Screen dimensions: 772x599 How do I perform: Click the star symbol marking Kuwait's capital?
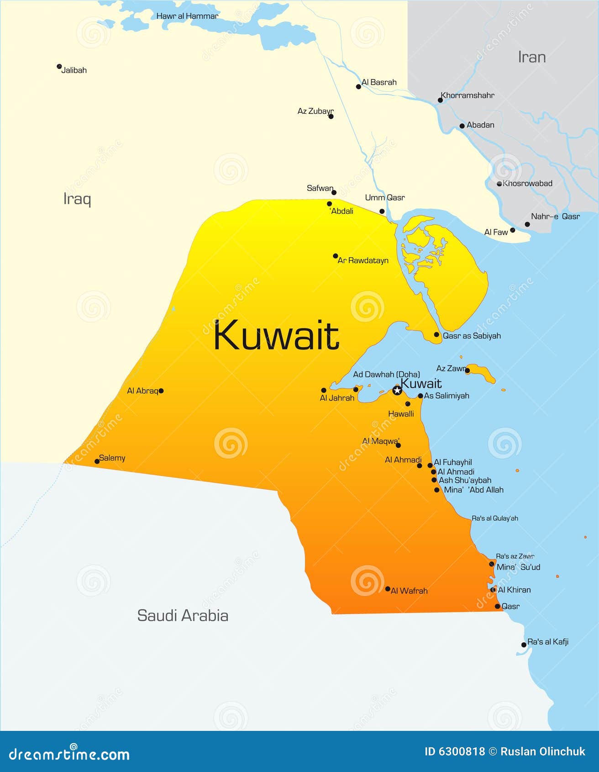coord(397,390)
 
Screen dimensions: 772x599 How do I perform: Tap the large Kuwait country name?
coord(276,336)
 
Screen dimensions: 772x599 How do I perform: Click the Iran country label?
coord(531,57)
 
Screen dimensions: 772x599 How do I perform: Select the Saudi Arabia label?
coord(183,615)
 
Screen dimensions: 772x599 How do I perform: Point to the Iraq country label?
coord(77,199)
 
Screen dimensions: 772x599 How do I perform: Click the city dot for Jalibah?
coord(59,67)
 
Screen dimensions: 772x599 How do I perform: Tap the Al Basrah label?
coord(379,82)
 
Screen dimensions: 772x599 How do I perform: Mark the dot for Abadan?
coord(462,126)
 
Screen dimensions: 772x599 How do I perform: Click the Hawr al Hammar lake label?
coord(187,16)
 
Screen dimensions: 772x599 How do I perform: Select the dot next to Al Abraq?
coord(161,391)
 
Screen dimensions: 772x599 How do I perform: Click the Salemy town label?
coord(112,458)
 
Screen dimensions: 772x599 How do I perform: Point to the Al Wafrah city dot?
coord(388,589)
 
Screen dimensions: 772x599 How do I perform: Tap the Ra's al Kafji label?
coord(548,642)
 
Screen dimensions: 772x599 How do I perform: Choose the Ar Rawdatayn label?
coord(363,260)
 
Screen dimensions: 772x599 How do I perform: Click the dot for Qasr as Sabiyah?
coord(436,335)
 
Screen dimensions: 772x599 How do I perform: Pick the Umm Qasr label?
coord(384,197)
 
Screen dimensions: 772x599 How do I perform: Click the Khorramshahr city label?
coord(467,95)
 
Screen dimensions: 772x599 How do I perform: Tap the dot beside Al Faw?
coord(513,230)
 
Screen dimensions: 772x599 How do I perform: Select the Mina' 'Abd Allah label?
coord(473,490)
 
